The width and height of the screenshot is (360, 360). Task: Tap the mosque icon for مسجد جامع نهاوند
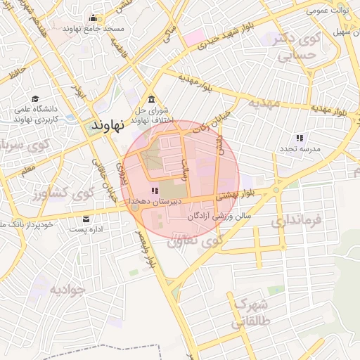[x=93, y=18]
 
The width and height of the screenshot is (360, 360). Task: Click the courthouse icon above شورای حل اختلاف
[x=150, y=98]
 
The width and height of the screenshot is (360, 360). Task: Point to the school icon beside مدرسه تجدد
[x=300, y=138]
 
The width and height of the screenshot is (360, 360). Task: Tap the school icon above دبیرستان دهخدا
[x=155, y=191]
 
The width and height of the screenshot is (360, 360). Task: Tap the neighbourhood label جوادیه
[x=67, y=289]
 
